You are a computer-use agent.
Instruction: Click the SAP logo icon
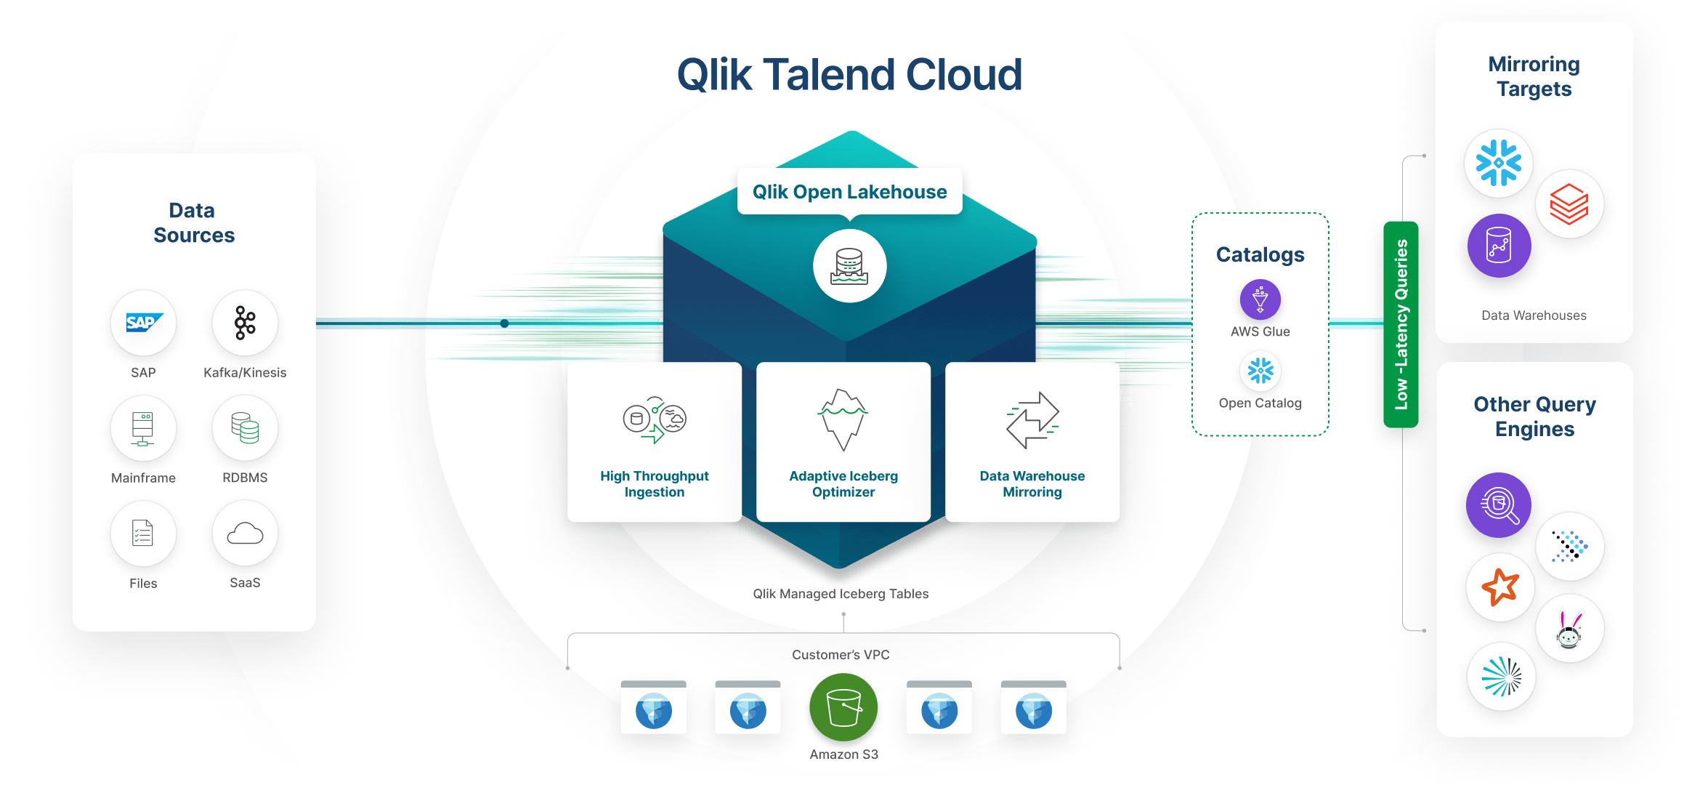click(x=143, y=323)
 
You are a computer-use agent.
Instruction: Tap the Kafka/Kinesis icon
click(x=245, y=323)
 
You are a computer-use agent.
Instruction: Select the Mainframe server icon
click(x=143, y=428)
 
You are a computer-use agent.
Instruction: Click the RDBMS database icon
click(x=245, y=428)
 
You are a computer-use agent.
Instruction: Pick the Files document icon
click(x=143, y=534)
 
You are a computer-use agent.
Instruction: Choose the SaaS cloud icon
click(x=245, y=534)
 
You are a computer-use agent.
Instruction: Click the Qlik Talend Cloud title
click(x=849, y=75)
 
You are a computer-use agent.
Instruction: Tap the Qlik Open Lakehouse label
click(x=849, y=192)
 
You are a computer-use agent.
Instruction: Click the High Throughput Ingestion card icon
click(x=654, y=419)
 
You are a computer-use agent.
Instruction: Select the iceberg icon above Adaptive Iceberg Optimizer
click(x=843, y=419)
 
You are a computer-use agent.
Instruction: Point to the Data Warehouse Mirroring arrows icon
click(x=1032, y=419)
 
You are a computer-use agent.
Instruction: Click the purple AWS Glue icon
click(x=1260, y=299)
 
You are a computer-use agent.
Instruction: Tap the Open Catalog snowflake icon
click(x=1260, y=371)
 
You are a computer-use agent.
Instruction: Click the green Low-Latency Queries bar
click(x=1401, y=324)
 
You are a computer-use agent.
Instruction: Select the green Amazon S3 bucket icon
click(x=843, y=707)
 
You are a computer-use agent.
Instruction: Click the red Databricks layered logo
click(x=1569, y=204)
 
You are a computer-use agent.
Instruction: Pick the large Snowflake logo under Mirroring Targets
click(x=1498, y=163)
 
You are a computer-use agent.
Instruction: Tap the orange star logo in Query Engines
click(x=1499, y=587)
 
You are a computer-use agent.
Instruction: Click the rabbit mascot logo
click(x=1569, y=629)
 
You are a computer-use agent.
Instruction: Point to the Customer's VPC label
click(x=841, y=655)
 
